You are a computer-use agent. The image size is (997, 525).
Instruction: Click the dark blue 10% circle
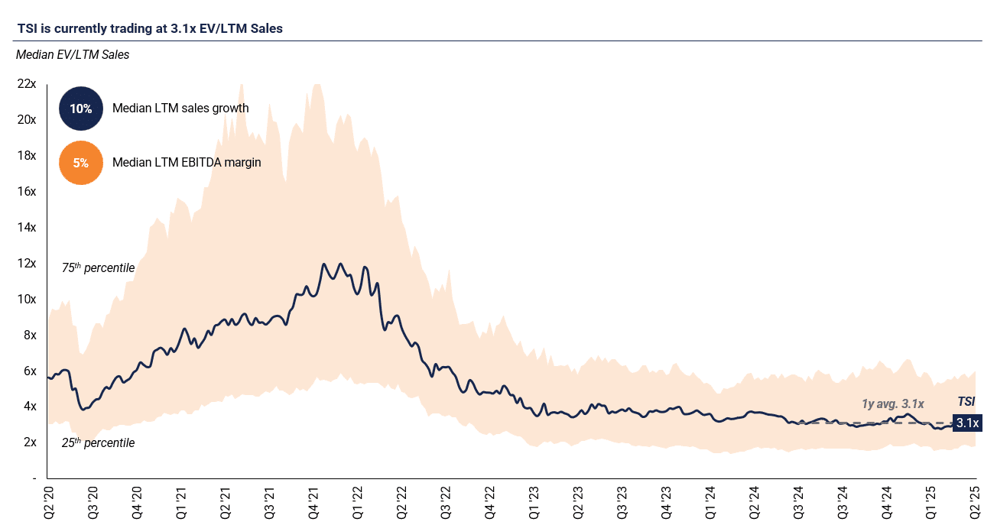[80, 109]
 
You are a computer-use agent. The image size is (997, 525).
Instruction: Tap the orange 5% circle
[80, 163]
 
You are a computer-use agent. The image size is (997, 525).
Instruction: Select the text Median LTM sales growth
[180, 109]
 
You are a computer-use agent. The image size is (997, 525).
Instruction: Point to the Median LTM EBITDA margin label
[187, 163]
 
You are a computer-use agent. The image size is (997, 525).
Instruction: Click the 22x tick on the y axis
[26, 84]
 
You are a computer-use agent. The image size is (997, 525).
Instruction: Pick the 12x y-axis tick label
[26, 264]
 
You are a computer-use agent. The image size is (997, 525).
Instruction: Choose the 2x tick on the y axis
[29, 442]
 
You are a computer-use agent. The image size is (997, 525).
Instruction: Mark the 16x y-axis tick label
[26, 192]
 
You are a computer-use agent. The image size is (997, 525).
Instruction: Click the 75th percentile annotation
[98, 268]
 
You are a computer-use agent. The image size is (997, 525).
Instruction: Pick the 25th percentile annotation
[98, 443]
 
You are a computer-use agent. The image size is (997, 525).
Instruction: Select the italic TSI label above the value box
[967, 402]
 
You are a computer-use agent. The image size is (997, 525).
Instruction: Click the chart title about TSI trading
[150, 29]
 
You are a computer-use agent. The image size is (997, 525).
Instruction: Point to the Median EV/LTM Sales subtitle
[73, 55]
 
